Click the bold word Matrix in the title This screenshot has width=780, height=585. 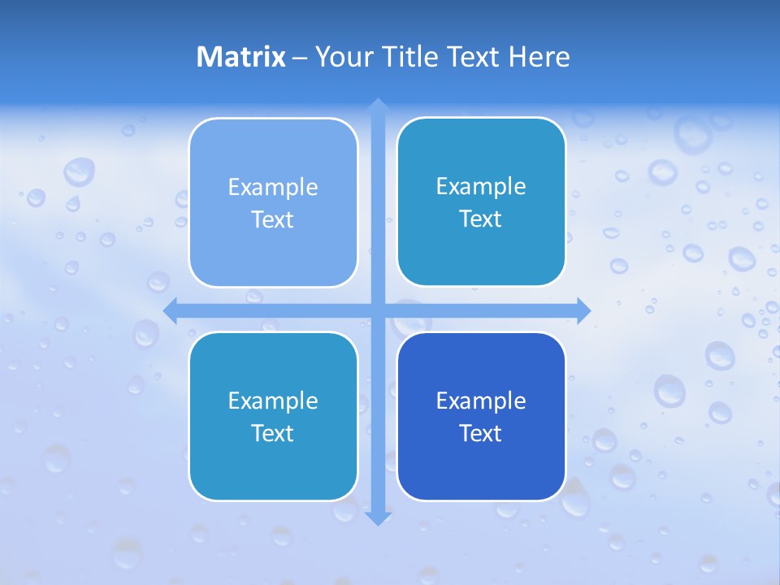pyautogui.click(x=241, y=57)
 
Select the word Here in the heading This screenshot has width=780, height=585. pyautogui.click(x=539, y=57)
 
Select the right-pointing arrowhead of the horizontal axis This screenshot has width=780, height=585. pyautogui.click(x=583, y=310)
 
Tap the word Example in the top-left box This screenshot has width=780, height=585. pyautogui.click(x=273, y=187)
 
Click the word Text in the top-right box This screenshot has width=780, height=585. pyautogui.click(x=481, y=219)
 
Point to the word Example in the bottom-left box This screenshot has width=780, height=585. pyautogui.click(x=273, y=401)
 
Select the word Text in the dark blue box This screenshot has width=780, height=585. pyautogui.click(x=481, y=433)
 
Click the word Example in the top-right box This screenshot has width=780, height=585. pyautogui.click(x=481, y=186)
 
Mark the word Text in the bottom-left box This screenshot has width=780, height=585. pyautogui.click(x=273, y=433)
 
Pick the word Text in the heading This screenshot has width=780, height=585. pyautogui.click(x=474, y=57)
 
